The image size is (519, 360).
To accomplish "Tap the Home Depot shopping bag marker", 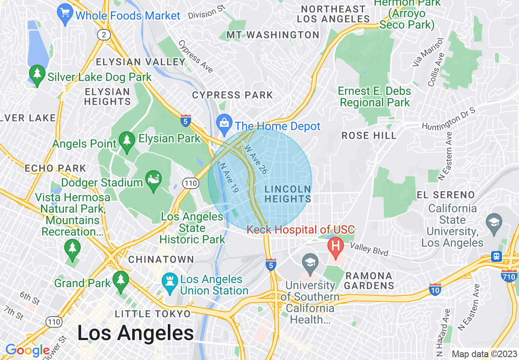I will (x=224, y=124).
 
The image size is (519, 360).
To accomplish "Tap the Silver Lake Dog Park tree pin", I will (x=37, y=75).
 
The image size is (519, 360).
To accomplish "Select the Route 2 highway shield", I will (x=104, y=35).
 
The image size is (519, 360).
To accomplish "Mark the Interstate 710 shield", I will (x=509, y=276).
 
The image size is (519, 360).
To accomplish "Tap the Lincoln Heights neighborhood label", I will (x=287, y=194).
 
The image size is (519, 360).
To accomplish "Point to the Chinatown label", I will (x=161, y=259).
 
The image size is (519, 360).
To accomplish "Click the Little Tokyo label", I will (x=153, y=314).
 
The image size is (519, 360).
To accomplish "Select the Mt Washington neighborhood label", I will (x=273, y=35).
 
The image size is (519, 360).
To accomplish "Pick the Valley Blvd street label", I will (x=369, y=249).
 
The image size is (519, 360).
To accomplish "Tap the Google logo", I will (x=27, y=350).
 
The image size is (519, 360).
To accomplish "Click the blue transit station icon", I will (x=496, y=256).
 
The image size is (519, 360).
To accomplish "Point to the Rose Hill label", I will (x=369, y=135).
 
